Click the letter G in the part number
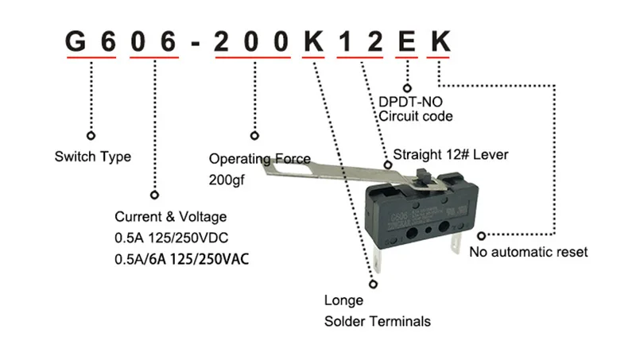[x=76, y=41]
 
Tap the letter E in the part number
[x=406, y=41]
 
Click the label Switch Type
[x=92, y=157]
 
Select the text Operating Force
[x=259, y=159]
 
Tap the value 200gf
[x=227, y=180]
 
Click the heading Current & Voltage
[x=171, y=217]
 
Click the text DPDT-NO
[x=410, y=101]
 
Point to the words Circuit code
[x=415, y=116]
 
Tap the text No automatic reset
[x=529, y=252]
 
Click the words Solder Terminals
[x=378, y=321]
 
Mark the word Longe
[x=343, y=300]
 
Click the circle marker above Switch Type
[x=91, y=136]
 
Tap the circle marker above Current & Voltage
[x=153, y=195]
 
